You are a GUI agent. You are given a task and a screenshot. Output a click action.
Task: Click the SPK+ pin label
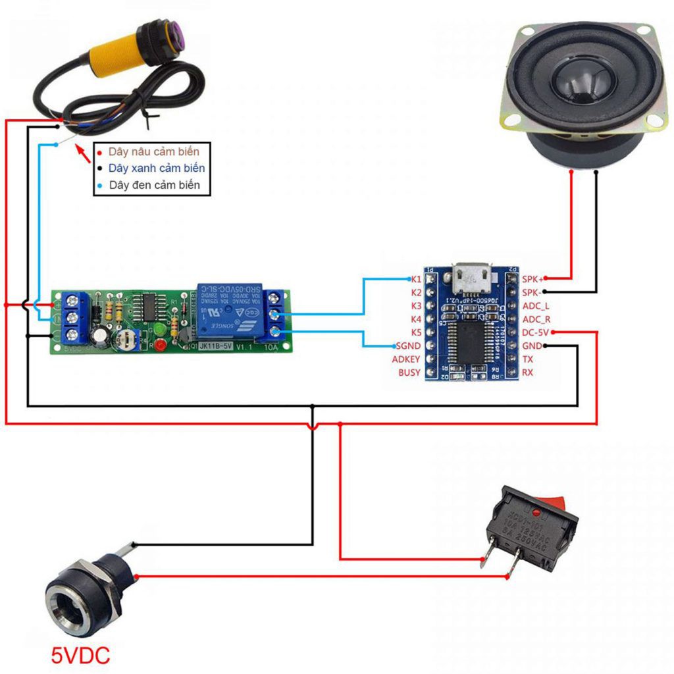point(533,278)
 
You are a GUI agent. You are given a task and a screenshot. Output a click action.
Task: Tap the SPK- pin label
point(532,292)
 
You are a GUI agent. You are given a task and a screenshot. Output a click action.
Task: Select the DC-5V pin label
point(535,332)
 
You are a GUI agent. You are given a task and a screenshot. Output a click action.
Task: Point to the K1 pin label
point(416,278)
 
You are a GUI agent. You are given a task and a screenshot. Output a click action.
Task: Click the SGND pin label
point(408,346)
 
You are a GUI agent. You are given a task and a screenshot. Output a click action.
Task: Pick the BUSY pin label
point(409,373)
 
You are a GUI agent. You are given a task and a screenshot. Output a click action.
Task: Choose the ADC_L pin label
point(536,305)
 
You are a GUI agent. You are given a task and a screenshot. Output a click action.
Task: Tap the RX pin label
point(528,373)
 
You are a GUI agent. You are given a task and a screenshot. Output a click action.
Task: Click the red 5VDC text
point(80,655)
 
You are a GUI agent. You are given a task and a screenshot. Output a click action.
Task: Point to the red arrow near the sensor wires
point(83,153)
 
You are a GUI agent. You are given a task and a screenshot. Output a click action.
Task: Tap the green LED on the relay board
point(158,328)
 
